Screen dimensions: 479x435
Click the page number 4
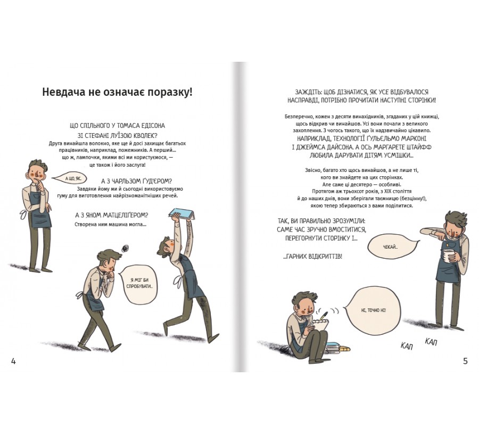pyautogui.click(x=13, y=361)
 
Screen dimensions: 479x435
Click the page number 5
pyautogui.click(x=465, y=361)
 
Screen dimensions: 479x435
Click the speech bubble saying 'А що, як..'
pyautogui.click(x=69, y=178)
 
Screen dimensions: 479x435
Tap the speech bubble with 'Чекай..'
pyautogui.click(x=392, y=247)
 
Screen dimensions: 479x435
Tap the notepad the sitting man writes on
pyautogui.click(x=321, y=325)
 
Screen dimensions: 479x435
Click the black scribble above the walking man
pyautogui.click(x=125, y=249)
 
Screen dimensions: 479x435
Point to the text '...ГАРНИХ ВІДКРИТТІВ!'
pyautogui.click(x=312, y=257)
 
